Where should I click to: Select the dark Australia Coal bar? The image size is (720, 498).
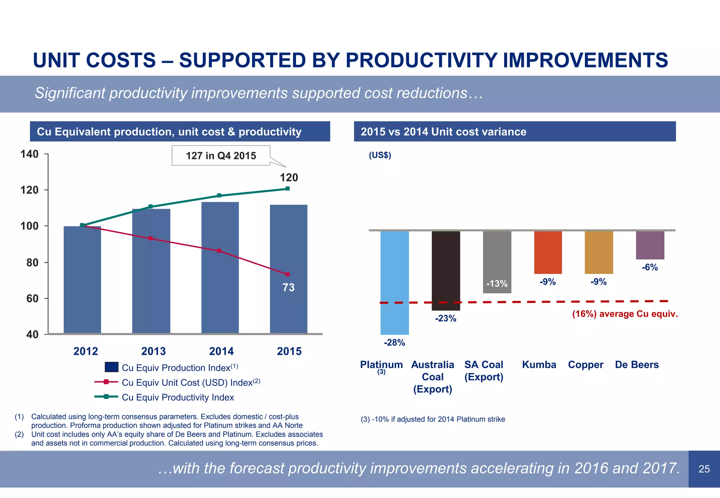click(446, 270)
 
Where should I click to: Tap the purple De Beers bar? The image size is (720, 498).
click(650, 245)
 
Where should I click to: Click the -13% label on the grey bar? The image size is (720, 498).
click(497, 284)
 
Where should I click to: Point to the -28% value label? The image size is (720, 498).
click(394, 343)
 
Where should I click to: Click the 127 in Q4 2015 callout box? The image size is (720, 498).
click(221, 156)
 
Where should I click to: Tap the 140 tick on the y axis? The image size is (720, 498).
click(30, 154)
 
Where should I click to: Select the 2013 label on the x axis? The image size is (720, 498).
click(153, 351)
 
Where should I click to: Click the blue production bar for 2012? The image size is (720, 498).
click(82, 281)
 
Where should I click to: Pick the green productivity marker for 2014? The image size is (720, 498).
click(219, 196)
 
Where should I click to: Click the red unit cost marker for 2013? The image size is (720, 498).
click(150, 238)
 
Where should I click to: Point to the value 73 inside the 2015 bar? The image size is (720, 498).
click(289, 288)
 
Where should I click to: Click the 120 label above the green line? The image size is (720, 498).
click(289, 178)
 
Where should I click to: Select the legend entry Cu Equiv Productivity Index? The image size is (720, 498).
click(178, 398)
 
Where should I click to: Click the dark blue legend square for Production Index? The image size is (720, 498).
click(111, 367)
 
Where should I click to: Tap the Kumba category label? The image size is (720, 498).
click(539, 365)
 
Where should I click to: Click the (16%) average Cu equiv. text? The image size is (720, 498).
click(625, 314)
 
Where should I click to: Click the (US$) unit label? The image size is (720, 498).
click(380, 155)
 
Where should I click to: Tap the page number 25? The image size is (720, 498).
click(704, 469)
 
